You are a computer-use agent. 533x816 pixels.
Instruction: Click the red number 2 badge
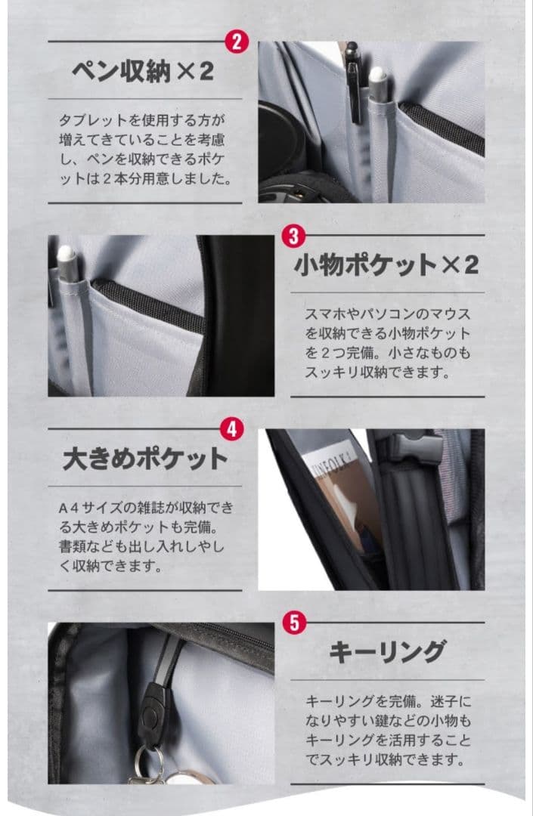click(237, 42)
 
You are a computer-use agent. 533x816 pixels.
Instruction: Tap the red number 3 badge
click(293, 236)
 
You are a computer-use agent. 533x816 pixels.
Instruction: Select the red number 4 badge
click(231, 429)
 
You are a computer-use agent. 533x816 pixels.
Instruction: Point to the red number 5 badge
click(295, 623)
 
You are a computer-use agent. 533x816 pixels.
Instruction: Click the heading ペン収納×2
click(143, 71)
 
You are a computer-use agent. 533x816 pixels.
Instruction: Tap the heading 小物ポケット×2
click(386, 264)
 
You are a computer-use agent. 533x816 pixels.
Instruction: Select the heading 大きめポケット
click(145, 459)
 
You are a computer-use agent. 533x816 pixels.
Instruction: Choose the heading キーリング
click(388, 651)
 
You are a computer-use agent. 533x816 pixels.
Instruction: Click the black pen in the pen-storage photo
click(354, 82)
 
